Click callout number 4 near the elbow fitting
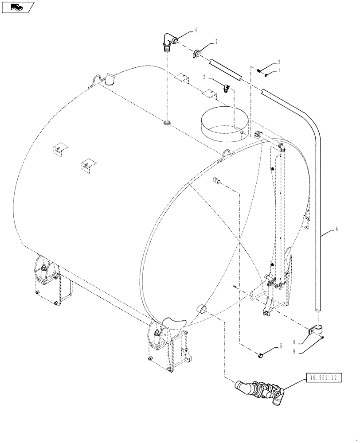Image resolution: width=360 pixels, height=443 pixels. coord(195,31)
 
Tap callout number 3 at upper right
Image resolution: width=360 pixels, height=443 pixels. coord(279,62)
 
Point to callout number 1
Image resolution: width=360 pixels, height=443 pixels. coord(280,70)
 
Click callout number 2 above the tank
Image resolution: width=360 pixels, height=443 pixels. coord(204,77)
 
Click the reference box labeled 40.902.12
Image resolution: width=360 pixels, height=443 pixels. coord(324,377)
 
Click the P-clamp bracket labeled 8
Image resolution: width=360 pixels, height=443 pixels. coord(316,330)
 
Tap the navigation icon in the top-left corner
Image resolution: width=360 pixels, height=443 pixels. coord(18,7)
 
